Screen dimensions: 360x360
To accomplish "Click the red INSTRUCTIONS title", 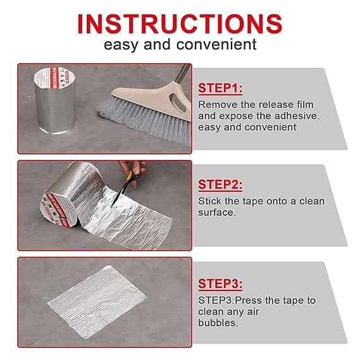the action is pos(180,24).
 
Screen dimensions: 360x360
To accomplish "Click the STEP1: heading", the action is pos(220,89).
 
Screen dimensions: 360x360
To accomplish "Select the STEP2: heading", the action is pos(220,185).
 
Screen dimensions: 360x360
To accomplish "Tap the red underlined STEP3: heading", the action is pos(220,284).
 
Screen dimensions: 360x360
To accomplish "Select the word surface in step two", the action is pos(217,213).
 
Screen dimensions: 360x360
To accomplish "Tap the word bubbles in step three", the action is pos(218,323).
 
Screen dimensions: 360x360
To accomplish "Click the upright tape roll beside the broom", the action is pos(55,101).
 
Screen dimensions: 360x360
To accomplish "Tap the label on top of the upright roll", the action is pos(54,78).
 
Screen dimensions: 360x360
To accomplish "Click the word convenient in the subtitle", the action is pos(216,44).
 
